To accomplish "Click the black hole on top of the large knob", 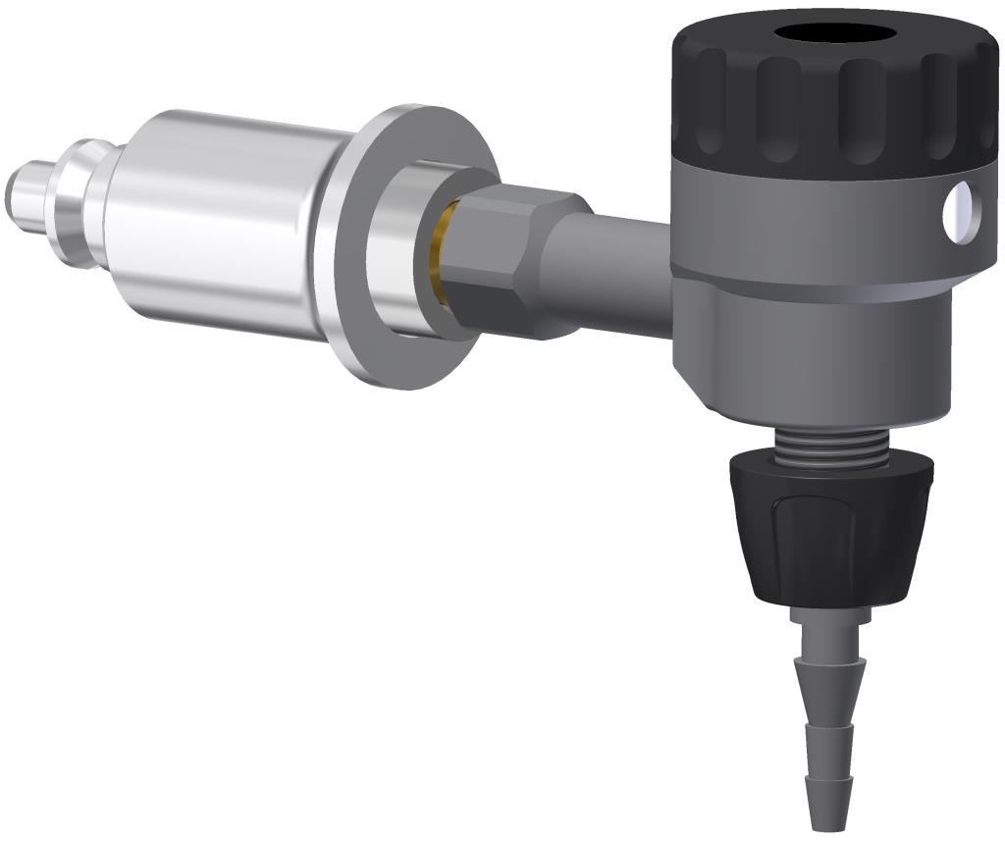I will click(835, 33).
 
